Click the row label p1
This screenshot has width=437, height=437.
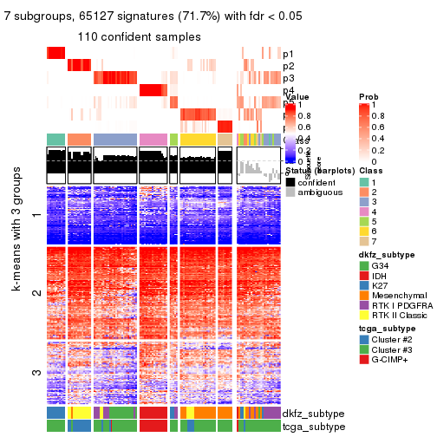point(288,54)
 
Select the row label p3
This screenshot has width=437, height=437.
point(288,78)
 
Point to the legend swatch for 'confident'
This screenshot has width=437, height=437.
point(290,180)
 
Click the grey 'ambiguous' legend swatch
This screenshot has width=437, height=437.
point(290,192)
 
